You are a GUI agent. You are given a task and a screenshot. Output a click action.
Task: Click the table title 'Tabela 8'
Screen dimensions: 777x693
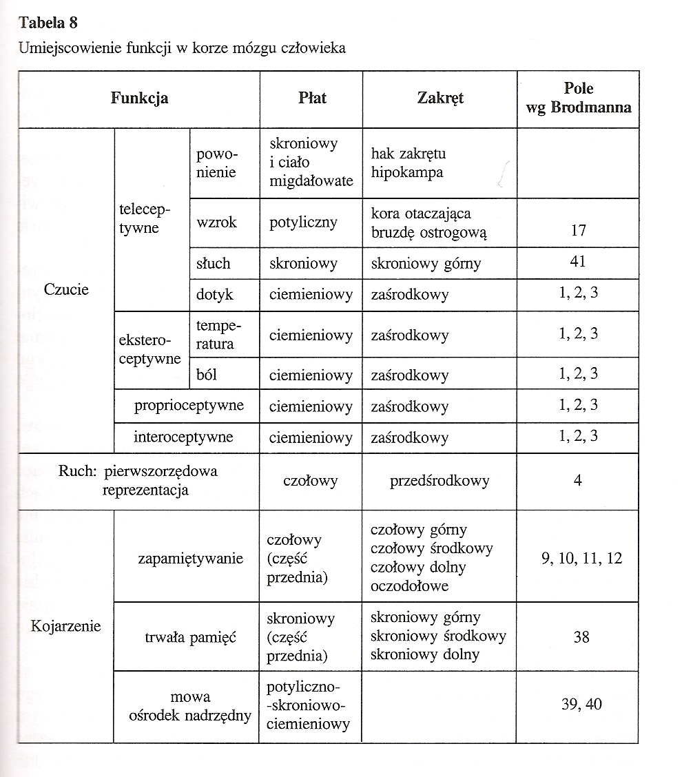48,23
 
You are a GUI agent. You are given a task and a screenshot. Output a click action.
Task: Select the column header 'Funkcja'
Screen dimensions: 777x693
139,98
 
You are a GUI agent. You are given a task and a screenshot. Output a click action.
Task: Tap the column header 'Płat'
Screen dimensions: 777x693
312,98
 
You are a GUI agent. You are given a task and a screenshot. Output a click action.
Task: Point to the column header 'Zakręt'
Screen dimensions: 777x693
440,98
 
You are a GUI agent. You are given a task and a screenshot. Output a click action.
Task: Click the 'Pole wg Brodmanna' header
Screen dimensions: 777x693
578,98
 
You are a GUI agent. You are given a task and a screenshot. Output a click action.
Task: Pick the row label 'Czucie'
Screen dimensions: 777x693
66,289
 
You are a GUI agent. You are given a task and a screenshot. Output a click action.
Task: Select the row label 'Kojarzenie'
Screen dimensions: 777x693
66,626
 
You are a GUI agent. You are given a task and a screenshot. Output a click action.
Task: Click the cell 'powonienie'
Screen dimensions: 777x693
216,163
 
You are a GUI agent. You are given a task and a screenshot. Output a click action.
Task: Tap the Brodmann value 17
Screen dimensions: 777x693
578,231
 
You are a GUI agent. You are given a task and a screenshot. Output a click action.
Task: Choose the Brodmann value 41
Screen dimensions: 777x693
578,262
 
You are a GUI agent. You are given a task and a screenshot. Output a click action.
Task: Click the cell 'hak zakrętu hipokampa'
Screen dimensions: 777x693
408,163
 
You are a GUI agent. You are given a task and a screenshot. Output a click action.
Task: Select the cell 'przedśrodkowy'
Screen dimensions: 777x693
439,481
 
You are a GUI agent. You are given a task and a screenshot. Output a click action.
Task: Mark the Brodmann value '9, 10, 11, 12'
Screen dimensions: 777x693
581,559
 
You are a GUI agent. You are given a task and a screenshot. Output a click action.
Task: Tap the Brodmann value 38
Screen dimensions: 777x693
581,637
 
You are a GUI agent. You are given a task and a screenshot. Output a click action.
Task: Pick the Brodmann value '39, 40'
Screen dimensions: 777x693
582,704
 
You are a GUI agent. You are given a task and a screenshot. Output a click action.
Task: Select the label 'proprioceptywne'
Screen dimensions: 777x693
189,405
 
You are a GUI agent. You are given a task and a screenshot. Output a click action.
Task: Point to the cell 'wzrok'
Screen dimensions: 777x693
216,222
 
